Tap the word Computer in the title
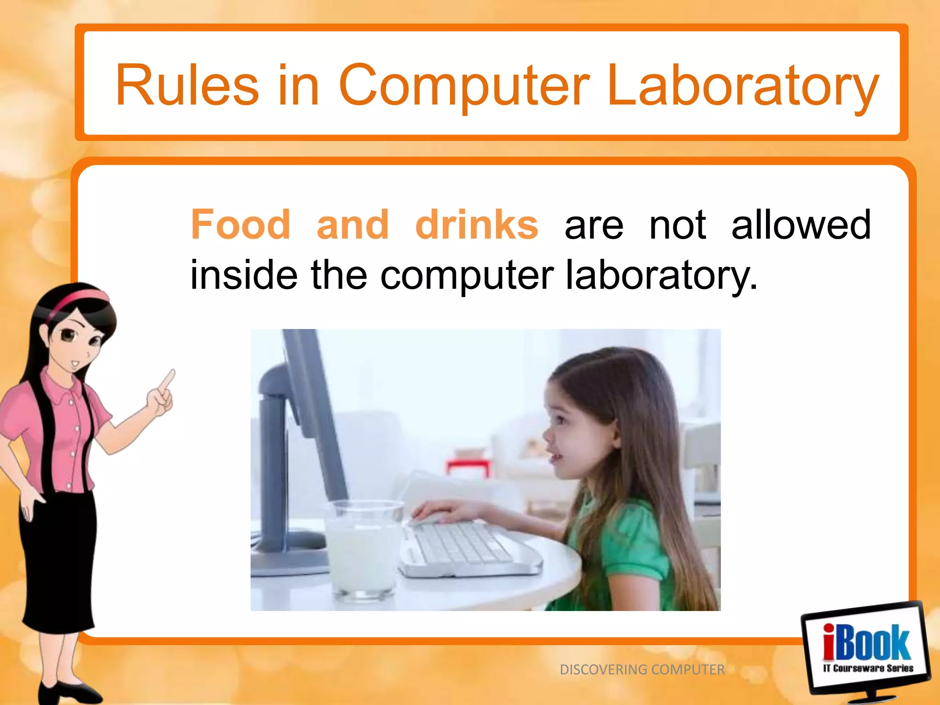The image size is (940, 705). tap(464, 86)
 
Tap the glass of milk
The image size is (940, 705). tap(363, 551)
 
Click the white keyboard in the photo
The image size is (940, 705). tap(464, 548)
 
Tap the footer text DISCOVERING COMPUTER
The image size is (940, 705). tap(642, 670)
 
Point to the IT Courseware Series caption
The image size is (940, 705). tap(868, 668)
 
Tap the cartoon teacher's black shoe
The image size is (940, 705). tap(69, 693)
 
